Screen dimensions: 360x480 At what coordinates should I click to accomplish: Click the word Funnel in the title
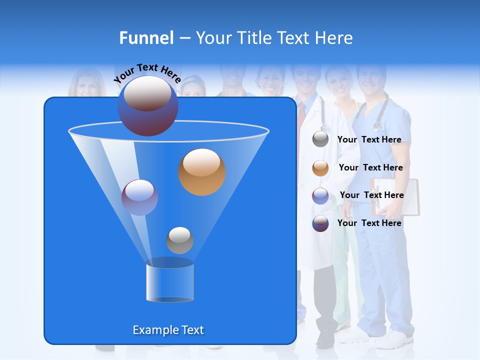[x=146, y=38]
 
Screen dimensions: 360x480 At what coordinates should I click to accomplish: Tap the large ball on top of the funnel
[x=147, y=106]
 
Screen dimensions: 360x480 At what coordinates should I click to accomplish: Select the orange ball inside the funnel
[x=201, y=171]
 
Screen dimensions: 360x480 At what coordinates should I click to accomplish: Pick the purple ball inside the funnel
[x=139, y=197]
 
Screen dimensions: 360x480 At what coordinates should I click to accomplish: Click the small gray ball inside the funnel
[x=179, y=240]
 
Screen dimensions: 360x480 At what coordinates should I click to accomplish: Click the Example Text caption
[x=168, y=330]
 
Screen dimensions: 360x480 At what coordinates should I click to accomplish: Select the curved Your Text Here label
[x=147, y=73]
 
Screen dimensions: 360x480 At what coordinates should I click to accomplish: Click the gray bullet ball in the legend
[x=320, y=139]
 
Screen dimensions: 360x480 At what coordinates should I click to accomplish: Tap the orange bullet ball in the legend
[x=320, y=168]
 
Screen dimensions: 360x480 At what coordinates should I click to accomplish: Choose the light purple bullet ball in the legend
[x=320, y=196]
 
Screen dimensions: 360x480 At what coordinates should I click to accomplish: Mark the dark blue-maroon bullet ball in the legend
[x=320, y=223]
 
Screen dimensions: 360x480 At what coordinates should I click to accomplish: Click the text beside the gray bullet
[x=369, y=139]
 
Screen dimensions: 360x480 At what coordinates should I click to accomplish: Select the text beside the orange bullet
[x=370, y=167]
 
